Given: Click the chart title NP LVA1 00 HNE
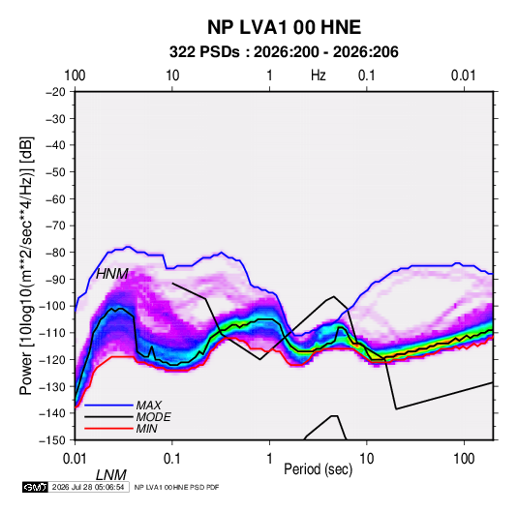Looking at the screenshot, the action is pos(284,27).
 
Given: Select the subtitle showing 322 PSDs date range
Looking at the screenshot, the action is pos(284,52).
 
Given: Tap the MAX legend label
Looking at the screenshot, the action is pos(149,405).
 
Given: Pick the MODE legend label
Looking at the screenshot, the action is pos(153,417).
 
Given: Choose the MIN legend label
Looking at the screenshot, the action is pos(146,429).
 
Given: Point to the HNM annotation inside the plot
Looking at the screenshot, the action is pos(112,274).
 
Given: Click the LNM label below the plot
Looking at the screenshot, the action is pos(111,475).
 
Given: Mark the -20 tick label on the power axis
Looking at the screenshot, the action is pos(55,92).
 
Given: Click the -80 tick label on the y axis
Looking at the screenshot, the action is pos(55,253).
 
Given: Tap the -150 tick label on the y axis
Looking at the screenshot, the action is pos(52,440).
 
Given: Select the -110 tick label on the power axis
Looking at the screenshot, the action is pos(52,333).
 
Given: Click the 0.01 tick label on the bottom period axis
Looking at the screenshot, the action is pos(75,459).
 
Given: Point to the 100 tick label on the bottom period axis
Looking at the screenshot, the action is pos(464,459).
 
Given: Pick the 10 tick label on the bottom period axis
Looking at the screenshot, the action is pos(367,459).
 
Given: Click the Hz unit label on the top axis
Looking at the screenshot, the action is pos(319,75).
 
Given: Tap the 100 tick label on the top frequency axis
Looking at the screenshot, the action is pos(75,75).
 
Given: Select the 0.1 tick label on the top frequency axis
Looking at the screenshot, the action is pos(367,75).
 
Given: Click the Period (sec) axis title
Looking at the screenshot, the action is pos(319,469).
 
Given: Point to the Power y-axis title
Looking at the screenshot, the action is pos(26,265).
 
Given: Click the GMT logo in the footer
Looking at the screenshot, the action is pos(36,487).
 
